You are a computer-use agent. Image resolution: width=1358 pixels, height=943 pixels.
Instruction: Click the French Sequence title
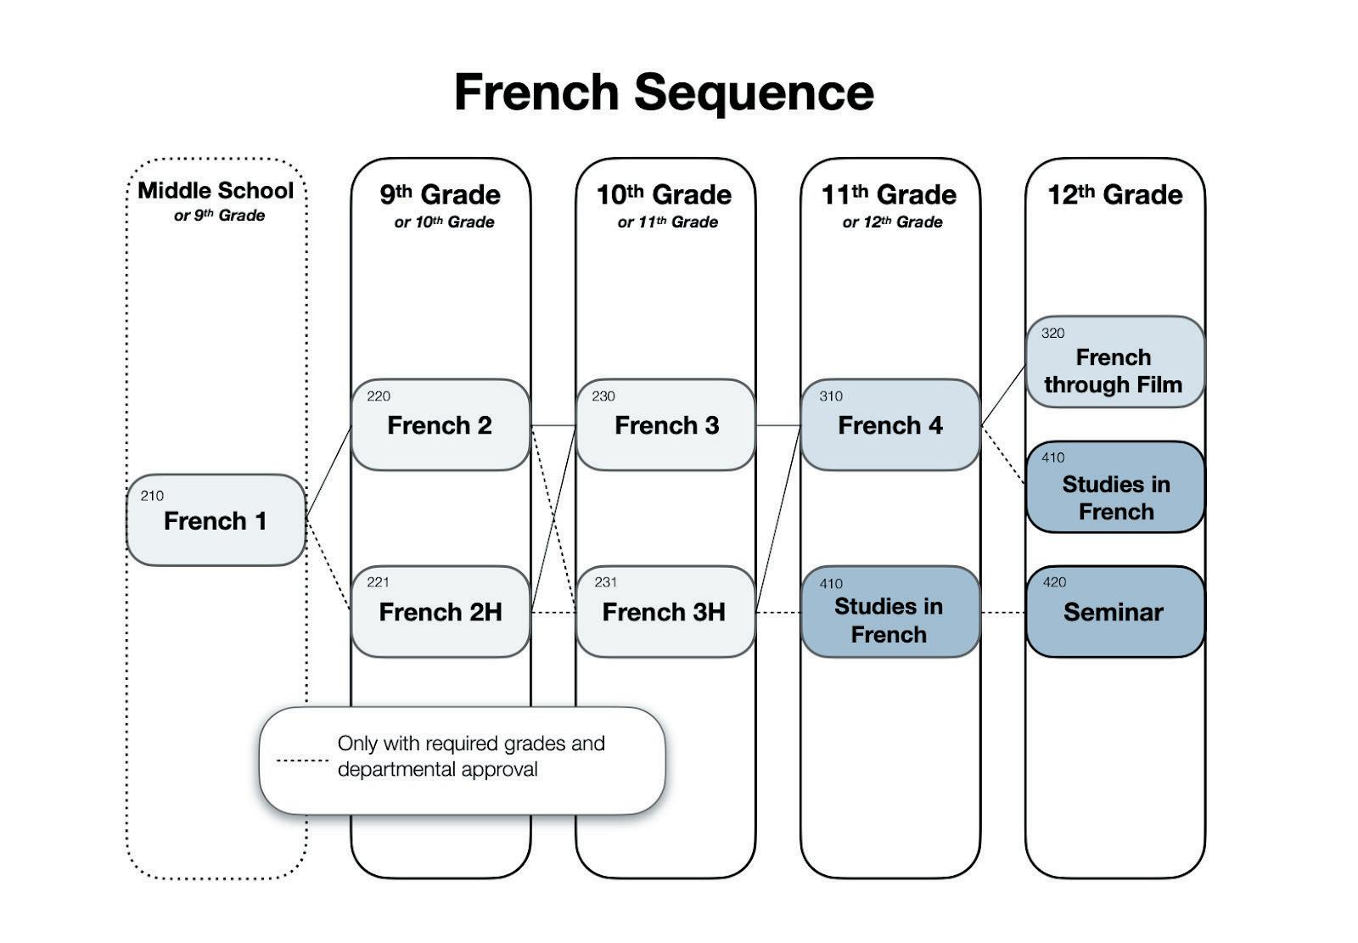[x=664, y=92]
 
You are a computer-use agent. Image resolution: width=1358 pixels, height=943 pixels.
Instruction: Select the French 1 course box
[x=216, y=520]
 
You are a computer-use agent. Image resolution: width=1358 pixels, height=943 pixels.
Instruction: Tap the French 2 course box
[x=440, y=425]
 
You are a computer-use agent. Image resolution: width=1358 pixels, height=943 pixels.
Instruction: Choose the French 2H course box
[x=440, y=612]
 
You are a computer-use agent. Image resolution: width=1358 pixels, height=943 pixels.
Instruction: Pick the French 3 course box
[x=665, y=425]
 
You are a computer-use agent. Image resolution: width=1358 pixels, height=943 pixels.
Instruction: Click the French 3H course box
[x=665, y=612]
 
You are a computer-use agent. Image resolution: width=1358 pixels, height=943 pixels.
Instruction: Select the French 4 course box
[x=889, y=425]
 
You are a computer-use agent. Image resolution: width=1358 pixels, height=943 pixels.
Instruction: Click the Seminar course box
[x=1114, y=612]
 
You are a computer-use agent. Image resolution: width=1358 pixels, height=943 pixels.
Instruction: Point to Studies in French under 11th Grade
[x=889, y=620]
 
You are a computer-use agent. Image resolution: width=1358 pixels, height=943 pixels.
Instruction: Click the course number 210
[x=152, y=496]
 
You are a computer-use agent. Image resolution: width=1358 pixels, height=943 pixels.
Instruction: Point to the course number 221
[x=378, y=582]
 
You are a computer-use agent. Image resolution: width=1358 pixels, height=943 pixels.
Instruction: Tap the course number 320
[x=1052, y=334]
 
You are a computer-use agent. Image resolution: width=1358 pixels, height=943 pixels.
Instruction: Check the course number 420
[x=1054, y=582]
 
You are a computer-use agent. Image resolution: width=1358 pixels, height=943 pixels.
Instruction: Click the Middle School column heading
[x=216, y=191]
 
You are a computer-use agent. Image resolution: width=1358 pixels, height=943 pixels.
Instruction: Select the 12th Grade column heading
[x=1114, y=195]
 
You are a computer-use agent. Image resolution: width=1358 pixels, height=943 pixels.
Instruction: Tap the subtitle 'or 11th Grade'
[x=667, y=222]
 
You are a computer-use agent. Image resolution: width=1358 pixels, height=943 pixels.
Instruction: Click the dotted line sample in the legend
[x=302, y=761]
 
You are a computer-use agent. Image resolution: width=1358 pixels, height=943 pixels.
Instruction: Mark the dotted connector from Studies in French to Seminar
[x=1002, y=612]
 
